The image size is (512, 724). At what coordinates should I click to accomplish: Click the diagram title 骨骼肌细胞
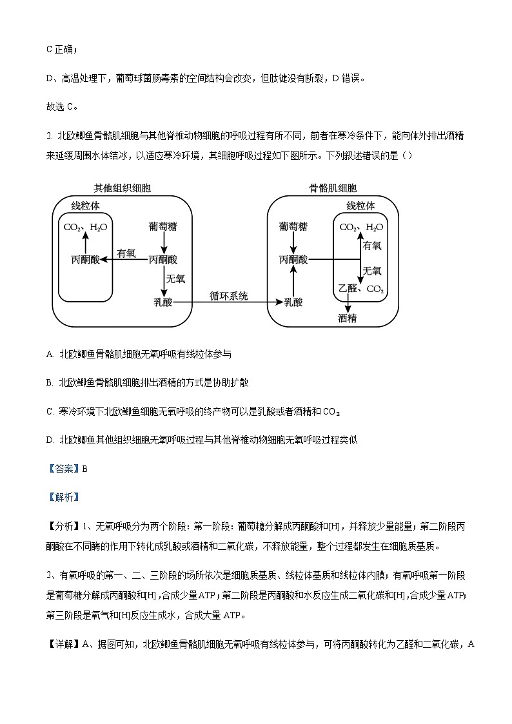pyautogui.click(x=333, y=188)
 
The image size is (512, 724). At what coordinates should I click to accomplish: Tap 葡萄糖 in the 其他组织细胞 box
pyautogui.click(x=164, y=227)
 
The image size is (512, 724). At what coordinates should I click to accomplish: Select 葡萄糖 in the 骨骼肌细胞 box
pyautogui.click(x=293, y=227)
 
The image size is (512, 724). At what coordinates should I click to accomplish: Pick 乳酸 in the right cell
pyautogui.click(x=293, y=302)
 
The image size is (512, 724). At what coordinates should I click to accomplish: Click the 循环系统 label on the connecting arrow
pyautogui.click(x=228, y=296)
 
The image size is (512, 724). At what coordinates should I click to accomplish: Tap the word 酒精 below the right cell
pyautogui.click(x=348, y=318)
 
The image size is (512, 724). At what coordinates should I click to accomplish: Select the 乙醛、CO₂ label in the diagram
pyautogui.click(x=361, y=289)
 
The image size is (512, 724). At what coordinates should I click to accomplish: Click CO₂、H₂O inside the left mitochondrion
pyautogui.click(x=85, y=227)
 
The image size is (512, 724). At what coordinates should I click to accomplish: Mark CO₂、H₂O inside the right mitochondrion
pyautogui.click(x=361, y=227)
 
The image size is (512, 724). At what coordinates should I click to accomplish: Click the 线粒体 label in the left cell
pyautogui.click(x=85, y=206)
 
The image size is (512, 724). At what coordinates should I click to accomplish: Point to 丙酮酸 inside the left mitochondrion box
pyautogui.click(x=85, y=260)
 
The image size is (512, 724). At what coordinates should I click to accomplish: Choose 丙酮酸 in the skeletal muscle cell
pyautogui.click(x=293, y=260)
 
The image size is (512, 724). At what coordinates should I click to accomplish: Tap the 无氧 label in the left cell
pyautogui.click(x=176, y=279)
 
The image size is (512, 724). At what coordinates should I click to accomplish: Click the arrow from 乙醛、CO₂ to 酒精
pyautogui.click(x=348, y=304)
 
